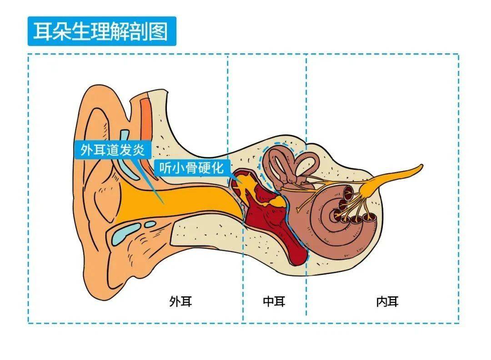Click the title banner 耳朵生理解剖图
(102, 31)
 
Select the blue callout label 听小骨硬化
(191, 168)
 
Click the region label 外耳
(180, 301)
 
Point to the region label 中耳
(274, 301)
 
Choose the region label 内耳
(387, 301)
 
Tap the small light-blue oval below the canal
(150, 224)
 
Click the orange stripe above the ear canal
(146, 119)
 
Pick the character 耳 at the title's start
(42, 31)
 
